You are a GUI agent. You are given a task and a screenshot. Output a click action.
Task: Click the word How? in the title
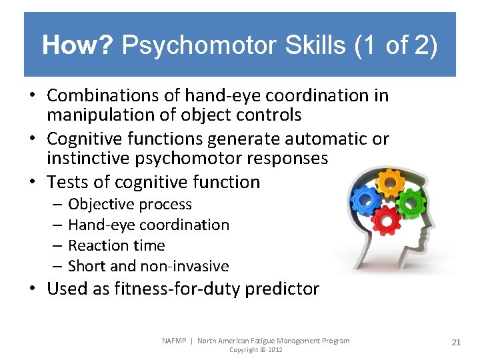pos(79,46)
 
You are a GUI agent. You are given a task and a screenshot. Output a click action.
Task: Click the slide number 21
pos(456,342)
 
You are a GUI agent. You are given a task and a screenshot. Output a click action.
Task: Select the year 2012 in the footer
pos(273,350)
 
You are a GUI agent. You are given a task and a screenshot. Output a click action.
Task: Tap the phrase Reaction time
pos(116,245)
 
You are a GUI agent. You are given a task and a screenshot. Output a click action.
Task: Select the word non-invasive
pos(184,267)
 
